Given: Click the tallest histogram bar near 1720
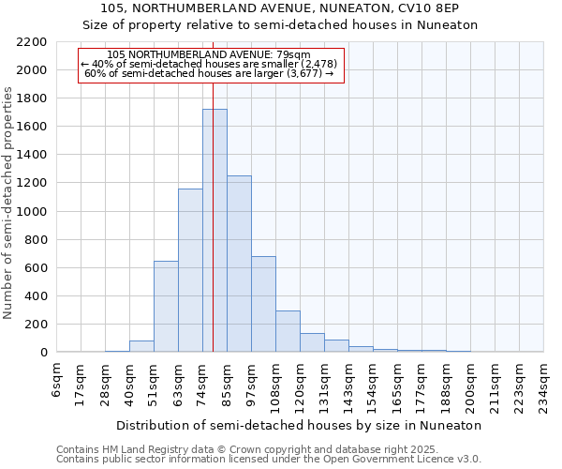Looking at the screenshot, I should pyautogui.click(x=214, y=231).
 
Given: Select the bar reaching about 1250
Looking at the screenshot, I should pyautogui.click(x=239, y=264).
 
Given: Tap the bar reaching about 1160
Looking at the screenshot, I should pyautogui.click(x=190, y=270).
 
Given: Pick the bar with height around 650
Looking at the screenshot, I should pyautogui.click(x=166, y=306).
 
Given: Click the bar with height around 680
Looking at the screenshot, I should pyautogui.click(x=263, y=304).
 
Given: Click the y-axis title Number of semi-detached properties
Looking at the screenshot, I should pyautogui.click(x=9, y=203).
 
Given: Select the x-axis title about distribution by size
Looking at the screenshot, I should pyautogui.click(x=300, y=425).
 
